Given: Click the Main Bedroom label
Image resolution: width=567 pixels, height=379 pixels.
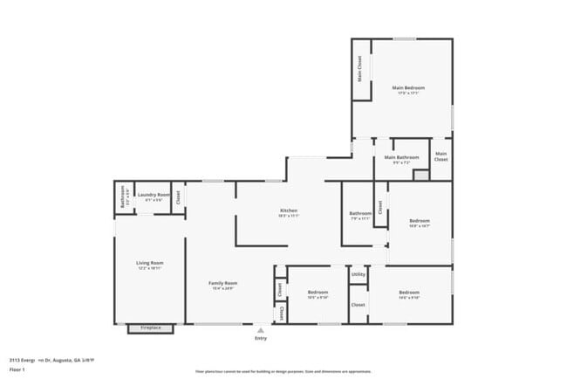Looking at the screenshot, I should [x=407, y=88].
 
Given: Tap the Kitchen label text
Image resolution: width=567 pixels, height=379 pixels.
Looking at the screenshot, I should [x=289, y=210].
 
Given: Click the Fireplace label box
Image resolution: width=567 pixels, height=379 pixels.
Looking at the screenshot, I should [x=151, y=328].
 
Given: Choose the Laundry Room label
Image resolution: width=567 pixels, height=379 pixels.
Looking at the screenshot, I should [x=151, y=195].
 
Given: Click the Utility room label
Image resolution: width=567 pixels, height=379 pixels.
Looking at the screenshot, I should [x=358, y=274].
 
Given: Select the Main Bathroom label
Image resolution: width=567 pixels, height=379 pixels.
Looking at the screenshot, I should [x=401, y=158].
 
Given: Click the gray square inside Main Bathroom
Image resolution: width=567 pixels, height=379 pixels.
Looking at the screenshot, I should [x=420, y=175].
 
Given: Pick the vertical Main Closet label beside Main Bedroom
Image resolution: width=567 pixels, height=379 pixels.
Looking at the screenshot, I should [x=359, y=68].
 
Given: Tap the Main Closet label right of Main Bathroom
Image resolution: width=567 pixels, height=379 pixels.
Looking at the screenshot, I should [x=441, y=158].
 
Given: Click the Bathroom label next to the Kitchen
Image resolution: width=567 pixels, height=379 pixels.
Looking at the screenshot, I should [x=360, y=214].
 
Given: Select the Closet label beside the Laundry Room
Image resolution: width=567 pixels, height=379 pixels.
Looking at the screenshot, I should [x=177, y=197].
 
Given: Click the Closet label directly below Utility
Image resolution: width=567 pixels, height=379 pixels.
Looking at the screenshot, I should [x=358, y=305].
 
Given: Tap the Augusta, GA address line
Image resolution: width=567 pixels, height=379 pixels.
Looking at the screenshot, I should [x=51, y=359].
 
